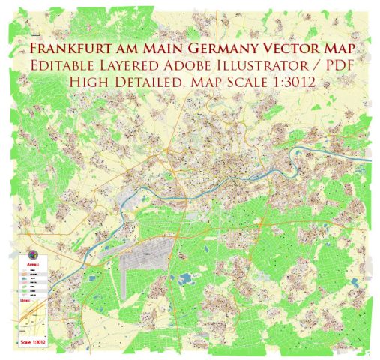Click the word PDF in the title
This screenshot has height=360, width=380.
click(337, 66)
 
